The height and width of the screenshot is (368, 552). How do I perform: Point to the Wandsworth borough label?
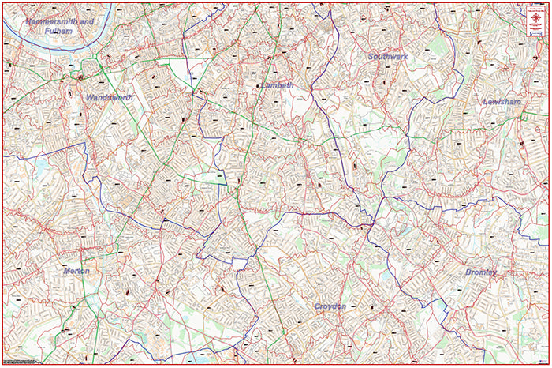pos(108,97)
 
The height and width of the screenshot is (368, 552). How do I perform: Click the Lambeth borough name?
pos(277,85)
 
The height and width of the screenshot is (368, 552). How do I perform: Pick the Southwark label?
pos(388,57)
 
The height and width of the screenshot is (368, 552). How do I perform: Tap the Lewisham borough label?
pos(504,103)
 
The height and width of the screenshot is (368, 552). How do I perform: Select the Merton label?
pos(76,271)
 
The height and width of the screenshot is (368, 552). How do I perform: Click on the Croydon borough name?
pos(330,306)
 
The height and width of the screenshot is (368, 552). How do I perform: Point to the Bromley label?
pos(481,272)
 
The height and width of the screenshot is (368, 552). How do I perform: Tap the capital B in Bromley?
pos(468,272)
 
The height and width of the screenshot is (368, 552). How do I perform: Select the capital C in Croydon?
pos(317,306)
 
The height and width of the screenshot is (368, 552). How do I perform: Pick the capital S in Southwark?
pos(371,57)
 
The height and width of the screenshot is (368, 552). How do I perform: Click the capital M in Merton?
pos(66,271)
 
